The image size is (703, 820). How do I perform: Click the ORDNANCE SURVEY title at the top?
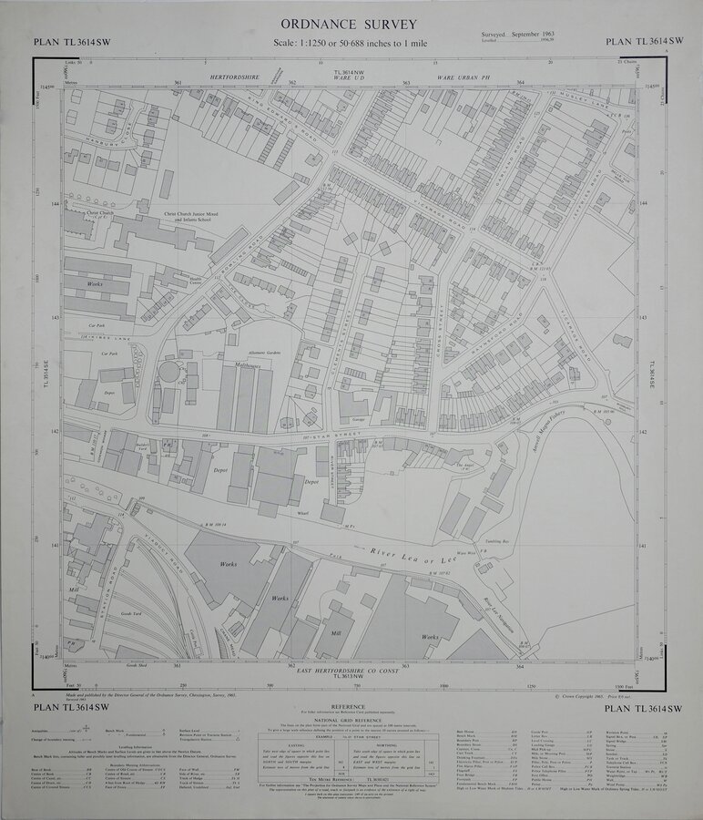pos(350,24)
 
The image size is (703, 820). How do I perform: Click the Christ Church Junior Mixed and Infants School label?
pos(188,220)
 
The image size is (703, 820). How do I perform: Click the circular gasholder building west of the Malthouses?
pos(170,373)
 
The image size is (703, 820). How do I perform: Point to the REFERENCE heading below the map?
pos(349,707)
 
